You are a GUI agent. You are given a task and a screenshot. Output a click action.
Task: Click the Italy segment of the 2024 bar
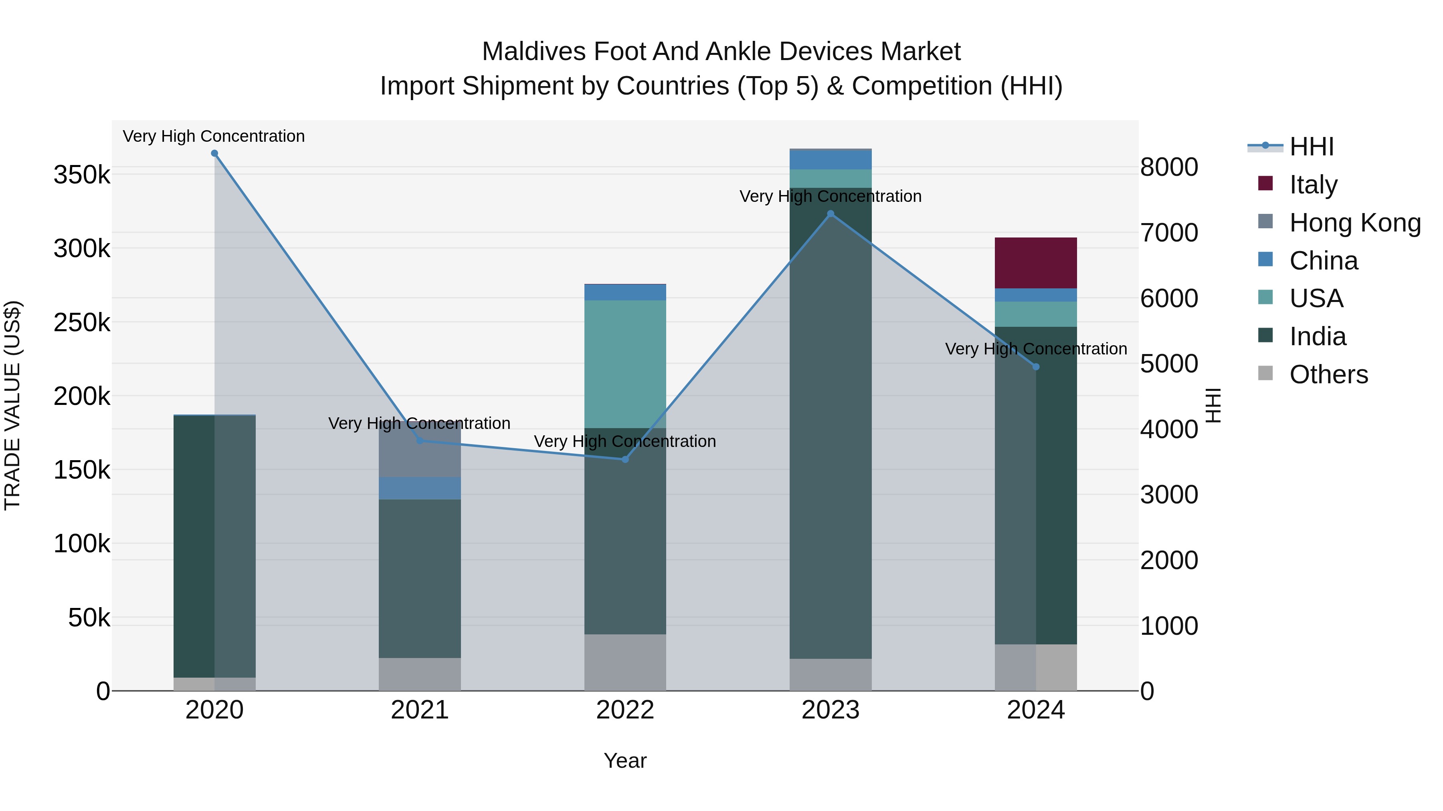pyautogui.click(x=1035, y=262)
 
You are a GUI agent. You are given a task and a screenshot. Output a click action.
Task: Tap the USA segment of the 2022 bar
pyautogui.click(x=625, y=364)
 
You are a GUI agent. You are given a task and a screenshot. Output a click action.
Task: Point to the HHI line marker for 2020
pyautogui.click(x=214, y=153)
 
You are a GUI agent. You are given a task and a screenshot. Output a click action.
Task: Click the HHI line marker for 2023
pyautogui.click(x=830, y=214)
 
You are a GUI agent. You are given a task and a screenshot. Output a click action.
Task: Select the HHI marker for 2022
pyautogui.click(x=625, y=459)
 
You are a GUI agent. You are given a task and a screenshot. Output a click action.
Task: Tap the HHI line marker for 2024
pyautogui.click(x=1036, y=366)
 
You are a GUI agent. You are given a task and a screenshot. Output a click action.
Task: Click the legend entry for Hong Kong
pyautogui.click(x=1354, y=223)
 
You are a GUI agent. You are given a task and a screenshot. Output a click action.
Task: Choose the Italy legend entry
pyautogui.click(x=1313, y=185)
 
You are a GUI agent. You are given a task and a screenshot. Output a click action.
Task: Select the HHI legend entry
pyautogui.click(x=1311, y=147)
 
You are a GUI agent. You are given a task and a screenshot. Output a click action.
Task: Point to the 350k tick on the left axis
pyautogui.click(x=82, y=175)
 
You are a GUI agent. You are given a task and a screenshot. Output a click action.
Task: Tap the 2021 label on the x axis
pyautogui.click(x=420, y=710)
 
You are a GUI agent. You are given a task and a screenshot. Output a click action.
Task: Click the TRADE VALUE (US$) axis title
pyautogui.click(x=12, y=405)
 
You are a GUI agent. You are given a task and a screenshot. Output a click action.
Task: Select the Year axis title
pyautogui.click(x=625, y=761)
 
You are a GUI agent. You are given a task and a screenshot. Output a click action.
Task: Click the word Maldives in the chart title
pyautogui.click(x=533, y=52)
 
